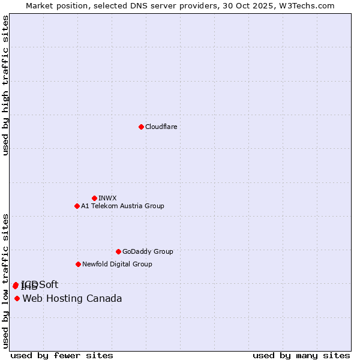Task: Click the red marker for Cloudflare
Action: pyautogui.click(x=141, y=127)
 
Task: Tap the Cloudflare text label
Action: pyautogui.click(x=161, y=127)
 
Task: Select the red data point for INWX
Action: pyautogui.click(x=94, y=198)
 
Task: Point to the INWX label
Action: pyautogui.click(x=107, y=198)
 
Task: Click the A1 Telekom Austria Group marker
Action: pyautogui.click(x=77, y=206)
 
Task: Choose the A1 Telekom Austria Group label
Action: pyautogui.click(x=122, y=206)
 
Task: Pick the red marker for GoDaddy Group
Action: pyautogui.click(x=118, y=251)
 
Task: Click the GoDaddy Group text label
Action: pyautogui.click(x=148, y=251)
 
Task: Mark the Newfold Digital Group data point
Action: pyautogui.click(x=78, y=264)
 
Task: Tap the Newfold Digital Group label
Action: pyautogui.click(x=117, y=264)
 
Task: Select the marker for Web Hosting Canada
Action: pyautogui.click(x=17, y=298)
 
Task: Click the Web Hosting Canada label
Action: pyautogui.click(x=72, y=298)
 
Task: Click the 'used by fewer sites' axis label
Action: pyautogui.click(x=62, y=355)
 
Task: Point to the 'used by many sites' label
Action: pyautogui.click(x=301, y=355)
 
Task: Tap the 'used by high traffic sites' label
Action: pyautogui.click(x=5, y=85)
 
